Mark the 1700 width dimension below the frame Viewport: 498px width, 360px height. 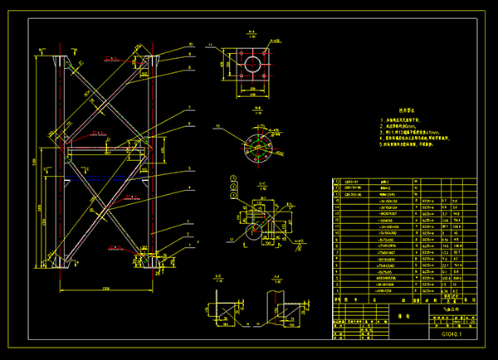pyautogui.click(x=105, y=287)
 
